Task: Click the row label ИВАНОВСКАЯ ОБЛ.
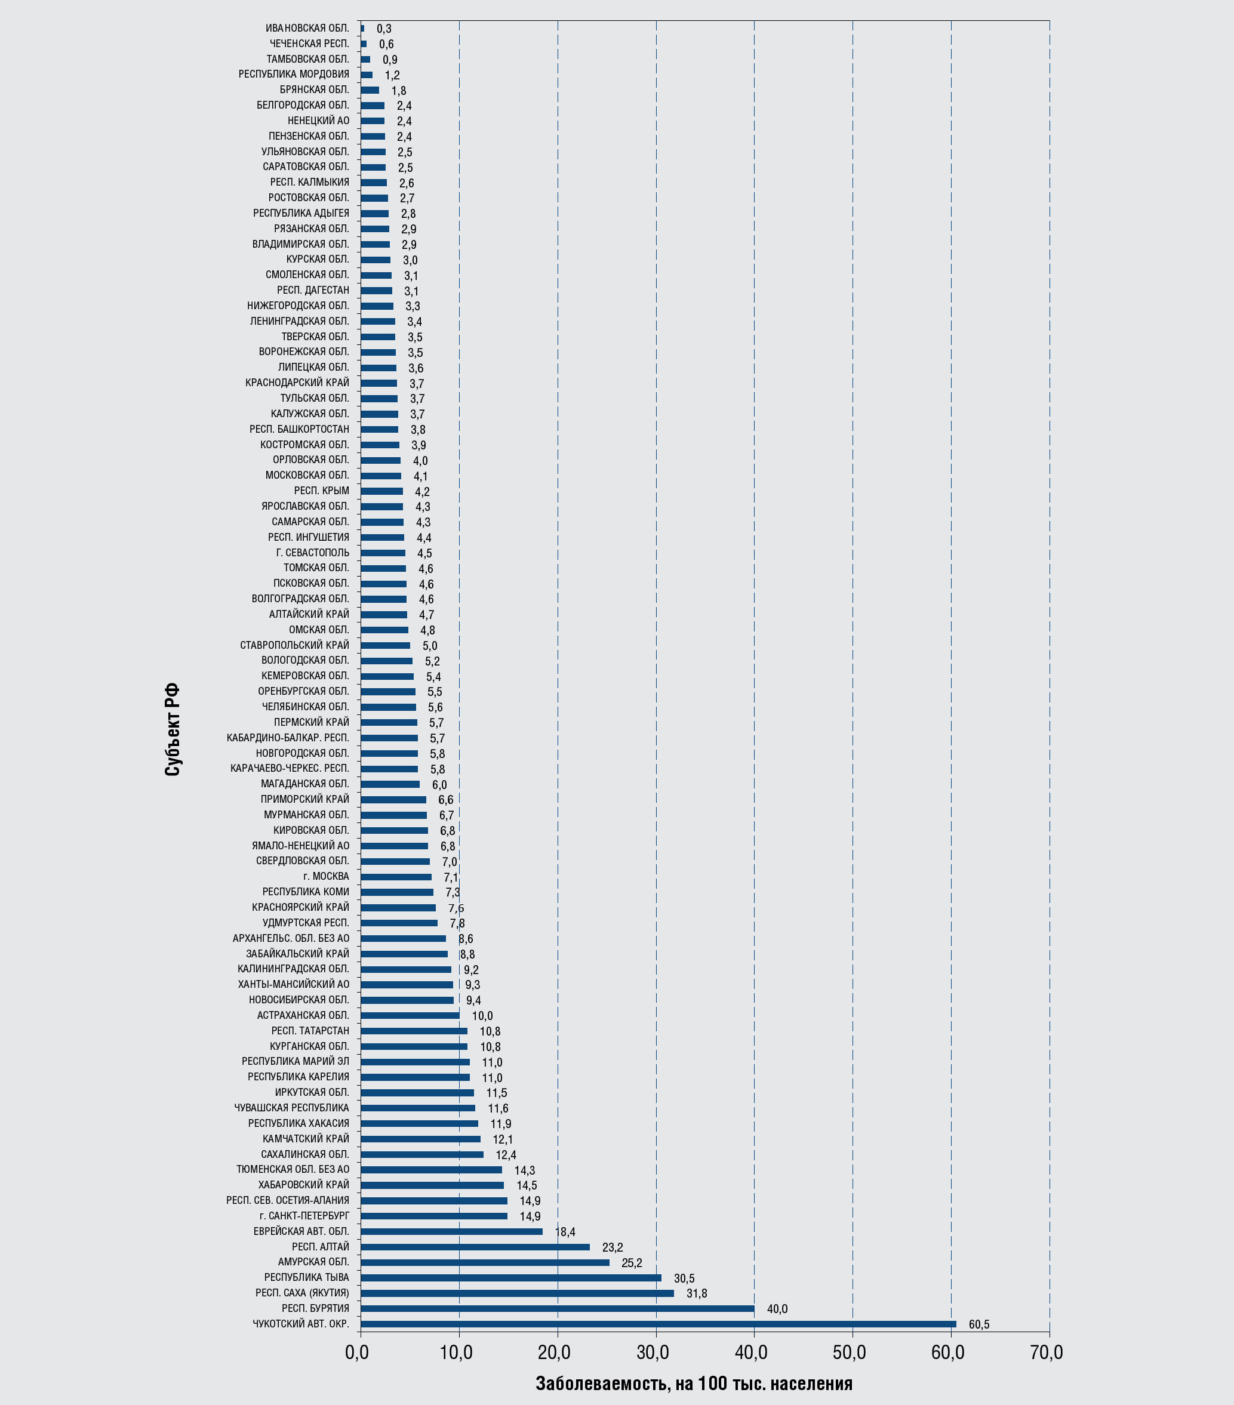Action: pyautogui.click(x=307, y=28)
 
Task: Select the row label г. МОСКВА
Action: pyautogui.click(x=326, y=876)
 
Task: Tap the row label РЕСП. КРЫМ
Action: pyautogui.click(x=321, y=491)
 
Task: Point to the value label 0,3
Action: pyautogui.click(x=384, y=29)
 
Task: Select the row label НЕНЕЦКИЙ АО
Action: pyautogui.click(x=318, y=121)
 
